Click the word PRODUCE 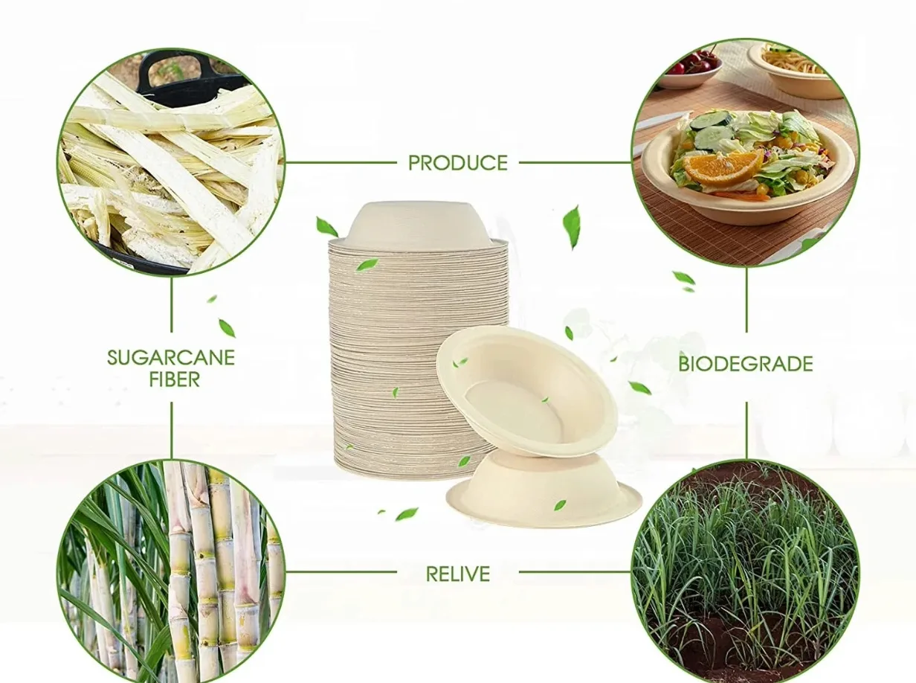[x=457, y=163]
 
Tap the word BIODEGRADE [x=746, y=364]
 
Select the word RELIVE [x=457, y=574]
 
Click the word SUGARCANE [x=171, y=358]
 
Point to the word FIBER [x=174, y=379]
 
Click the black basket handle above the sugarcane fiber [x=173, y=74]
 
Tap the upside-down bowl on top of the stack [x=417, y=223]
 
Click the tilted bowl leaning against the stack [x=527, y=391]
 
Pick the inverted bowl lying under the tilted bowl [x=544, y=490]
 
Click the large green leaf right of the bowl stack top [x=572, y=228]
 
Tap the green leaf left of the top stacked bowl [x=326, y=227]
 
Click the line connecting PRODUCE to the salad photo [x=575, y=162]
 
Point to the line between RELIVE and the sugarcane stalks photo [x=341, y=572]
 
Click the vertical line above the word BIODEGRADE [x=746, y=300]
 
